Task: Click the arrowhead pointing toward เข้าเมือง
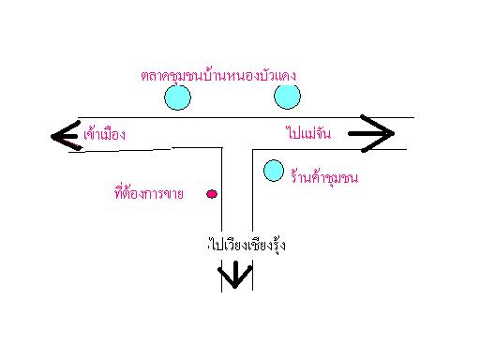62,137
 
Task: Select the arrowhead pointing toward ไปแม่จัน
378,135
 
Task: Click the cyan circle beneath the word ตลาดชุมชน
177,96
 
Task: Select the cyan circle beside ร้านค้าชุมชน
273,170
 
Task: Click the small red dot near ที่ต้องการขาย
212,194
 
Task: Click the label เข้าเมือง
101,135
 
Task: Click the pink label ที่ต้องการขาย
147,194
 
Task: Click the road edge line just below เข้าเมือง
141,149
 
